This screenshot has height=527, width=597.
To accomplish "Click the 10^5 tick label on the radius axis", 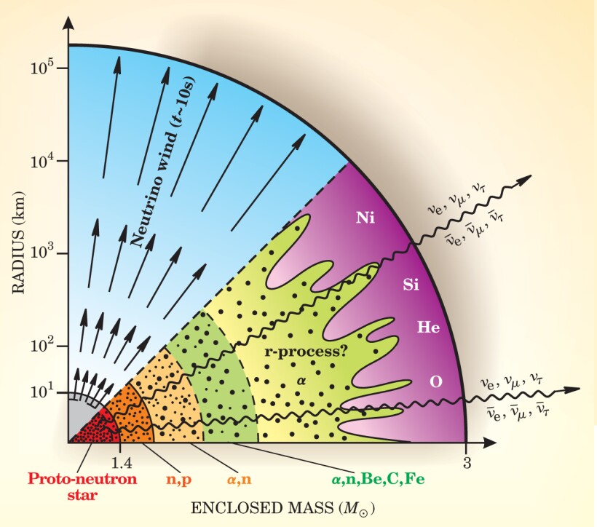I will [x=42, y=68].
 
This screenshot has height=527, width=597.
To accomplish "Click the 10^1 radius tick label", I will [x=42, y=392].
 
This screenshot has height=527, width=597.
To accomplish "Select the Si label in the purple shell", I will [x=411, y=285].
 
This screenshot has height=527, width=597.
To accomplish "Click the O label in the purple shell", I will [x=436, y=381].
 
